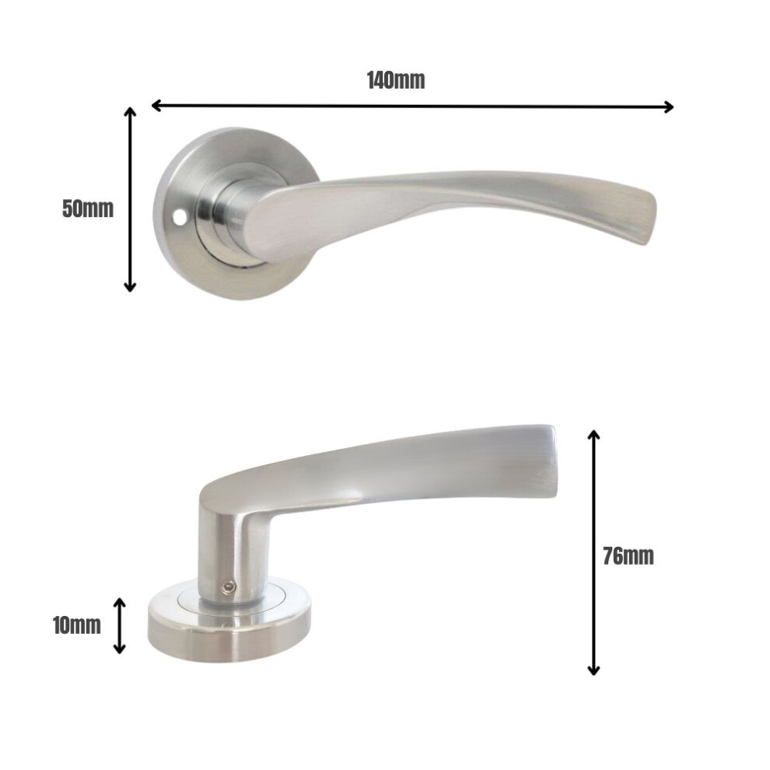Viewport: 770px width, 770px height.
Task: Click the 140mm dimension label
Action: point(396,80)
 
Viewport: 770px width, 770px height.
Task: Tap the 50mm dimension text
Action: point(88,208)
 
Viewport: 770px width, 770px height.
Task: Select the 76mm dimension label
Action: point(628,556)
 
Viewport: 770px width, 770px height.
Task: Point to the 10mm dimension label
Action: point(76,625)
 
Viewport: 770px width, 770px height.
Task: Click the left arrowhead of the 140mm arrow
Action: point(156,105)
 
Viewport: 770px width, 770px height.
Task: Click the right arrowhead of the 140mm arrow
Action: point(668,107)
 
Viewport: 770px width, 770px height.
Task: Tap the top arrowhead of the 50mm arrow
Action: point(130,112)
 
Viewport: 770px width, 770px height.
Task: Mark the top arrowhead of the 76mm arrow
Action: point(593,435)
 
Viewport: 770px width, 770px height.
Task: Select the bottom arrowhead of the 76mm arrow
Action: point(593,670)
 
